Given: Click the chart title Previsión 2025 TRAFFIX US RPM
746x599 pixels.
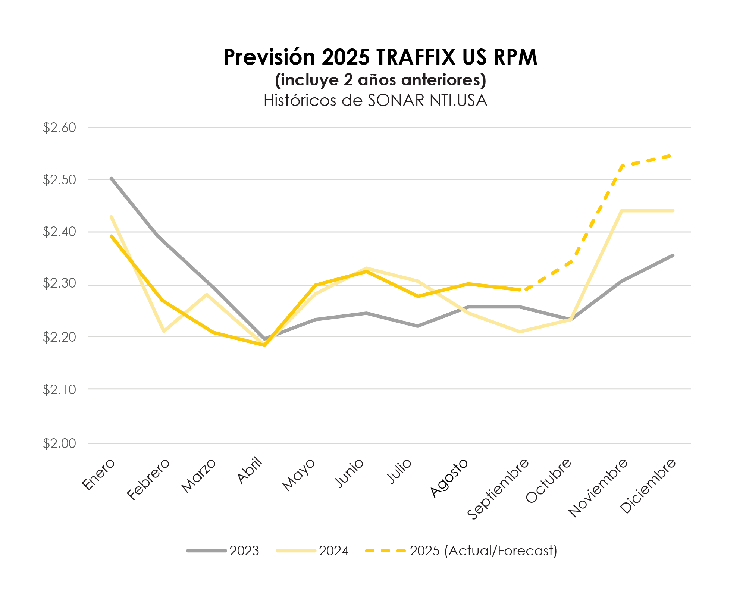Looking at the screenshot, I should point(380,57).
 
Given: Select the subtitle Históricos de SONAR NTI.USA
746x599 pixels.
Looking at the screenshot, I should point(375,101).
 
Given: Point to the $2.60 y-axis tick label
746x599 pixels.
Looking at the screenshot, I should point(59,128).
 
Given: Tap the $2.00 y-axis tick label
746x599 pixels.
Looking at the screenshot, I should point(59,443).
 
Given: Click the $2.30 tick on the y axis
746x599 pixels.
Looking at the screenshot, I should point(59,284).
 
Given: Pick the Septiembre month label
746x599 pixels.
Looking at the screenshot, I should point(498,489).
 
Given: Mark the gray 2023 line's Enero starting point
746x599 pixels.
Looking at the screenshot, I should point(112,178).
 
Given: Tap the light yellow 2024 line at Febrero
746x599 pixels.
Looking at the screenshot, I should point(163,331).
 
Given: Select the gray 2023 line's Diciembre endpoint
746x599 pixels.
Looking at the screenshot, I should point(673,255).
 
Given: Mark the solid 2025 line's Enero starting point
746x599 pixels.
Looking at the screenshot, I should point(112,236).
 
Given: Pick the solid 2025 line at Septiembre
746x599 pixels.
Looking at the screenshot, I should point(520,289).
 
